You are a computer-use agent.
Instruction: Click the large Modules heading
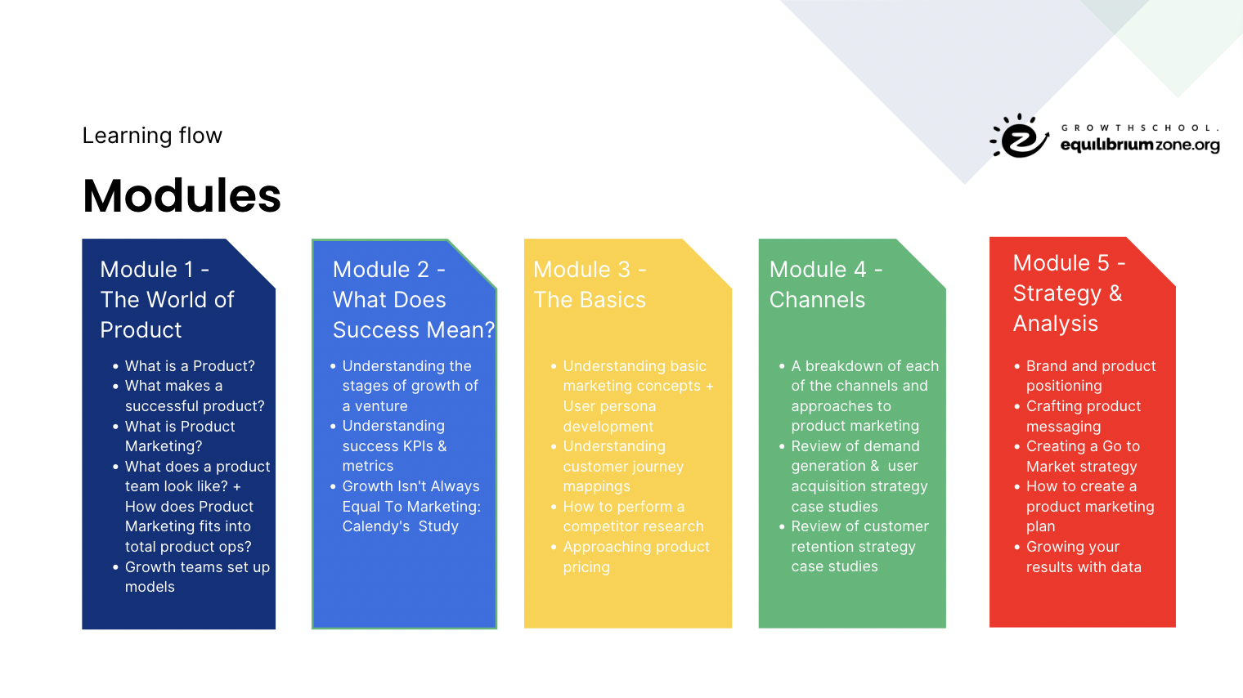(x=182, y=195)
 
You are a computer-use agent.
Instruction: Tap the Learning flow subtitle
(x=152, y=136)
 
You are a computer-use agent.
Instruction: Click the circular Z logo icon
(x=1019, y=136)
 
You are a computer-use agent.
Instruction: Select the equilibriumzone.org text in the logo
(x=1140, y=145)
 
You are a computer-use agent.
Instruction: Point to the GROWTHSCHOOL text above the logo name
(x=1140, y=128)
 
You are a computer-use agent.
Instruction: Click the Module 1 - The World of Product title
(x=167, y=299)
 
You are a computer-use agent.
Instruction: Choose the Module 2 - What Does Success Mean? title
(x=414, y=299)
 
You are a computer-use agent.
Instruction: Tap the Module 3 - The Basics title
(x=590, y=284)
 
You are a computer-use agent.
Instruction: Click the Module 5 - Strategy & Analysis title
(x=1069, y=293)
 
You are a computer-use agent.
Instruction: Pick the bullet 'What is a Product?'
(x=190, y=366)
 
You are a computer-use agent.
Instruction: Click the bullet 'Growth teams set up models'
(x=197, y=576)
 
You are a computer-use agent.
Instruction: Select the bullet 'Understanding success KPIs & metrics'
(x=394, y=445)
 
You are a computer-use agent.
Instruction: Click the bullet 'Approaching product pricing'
(x=636, y=557)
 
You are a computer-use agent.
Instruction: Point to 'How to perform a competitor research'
(x=633, y=517)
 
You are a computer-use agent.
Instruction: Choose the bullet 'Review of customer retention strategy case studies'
(x=859, y=546)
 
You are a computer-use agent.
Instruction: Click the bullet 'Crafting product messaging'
(x=1084, y=416)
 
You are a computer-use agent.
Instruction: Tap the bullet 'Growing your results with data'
(x=1084, y=557)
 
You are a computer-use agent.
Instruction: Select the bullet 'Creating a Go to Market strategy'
(x=1083, y=456)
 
